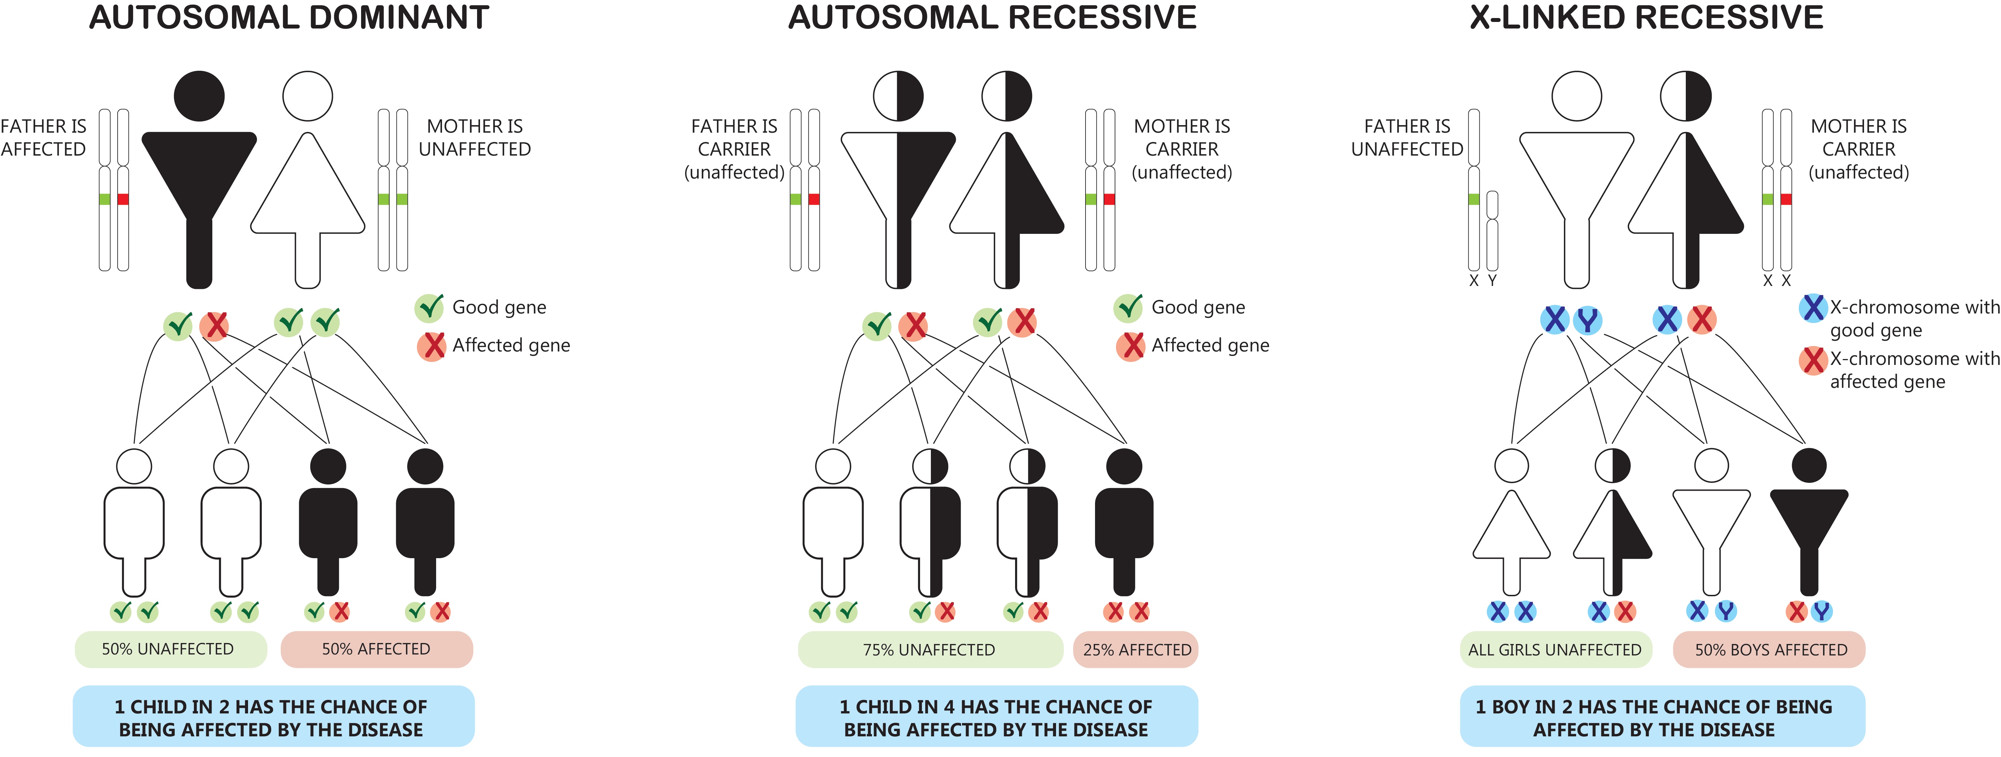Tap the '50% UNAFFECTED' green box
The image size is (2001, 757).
click(x=170, y=649)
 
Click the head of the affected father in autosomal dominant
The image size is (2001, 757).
click(x=199, y=96)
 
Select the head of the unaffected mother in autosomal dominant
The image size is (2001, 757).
click(x=308, y=96)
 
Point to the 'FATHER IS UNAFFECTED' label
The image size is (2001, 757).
click(x=1407, y=138)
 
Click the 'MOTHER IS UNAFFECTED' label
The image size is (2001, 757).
click(x=475, y=138)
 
